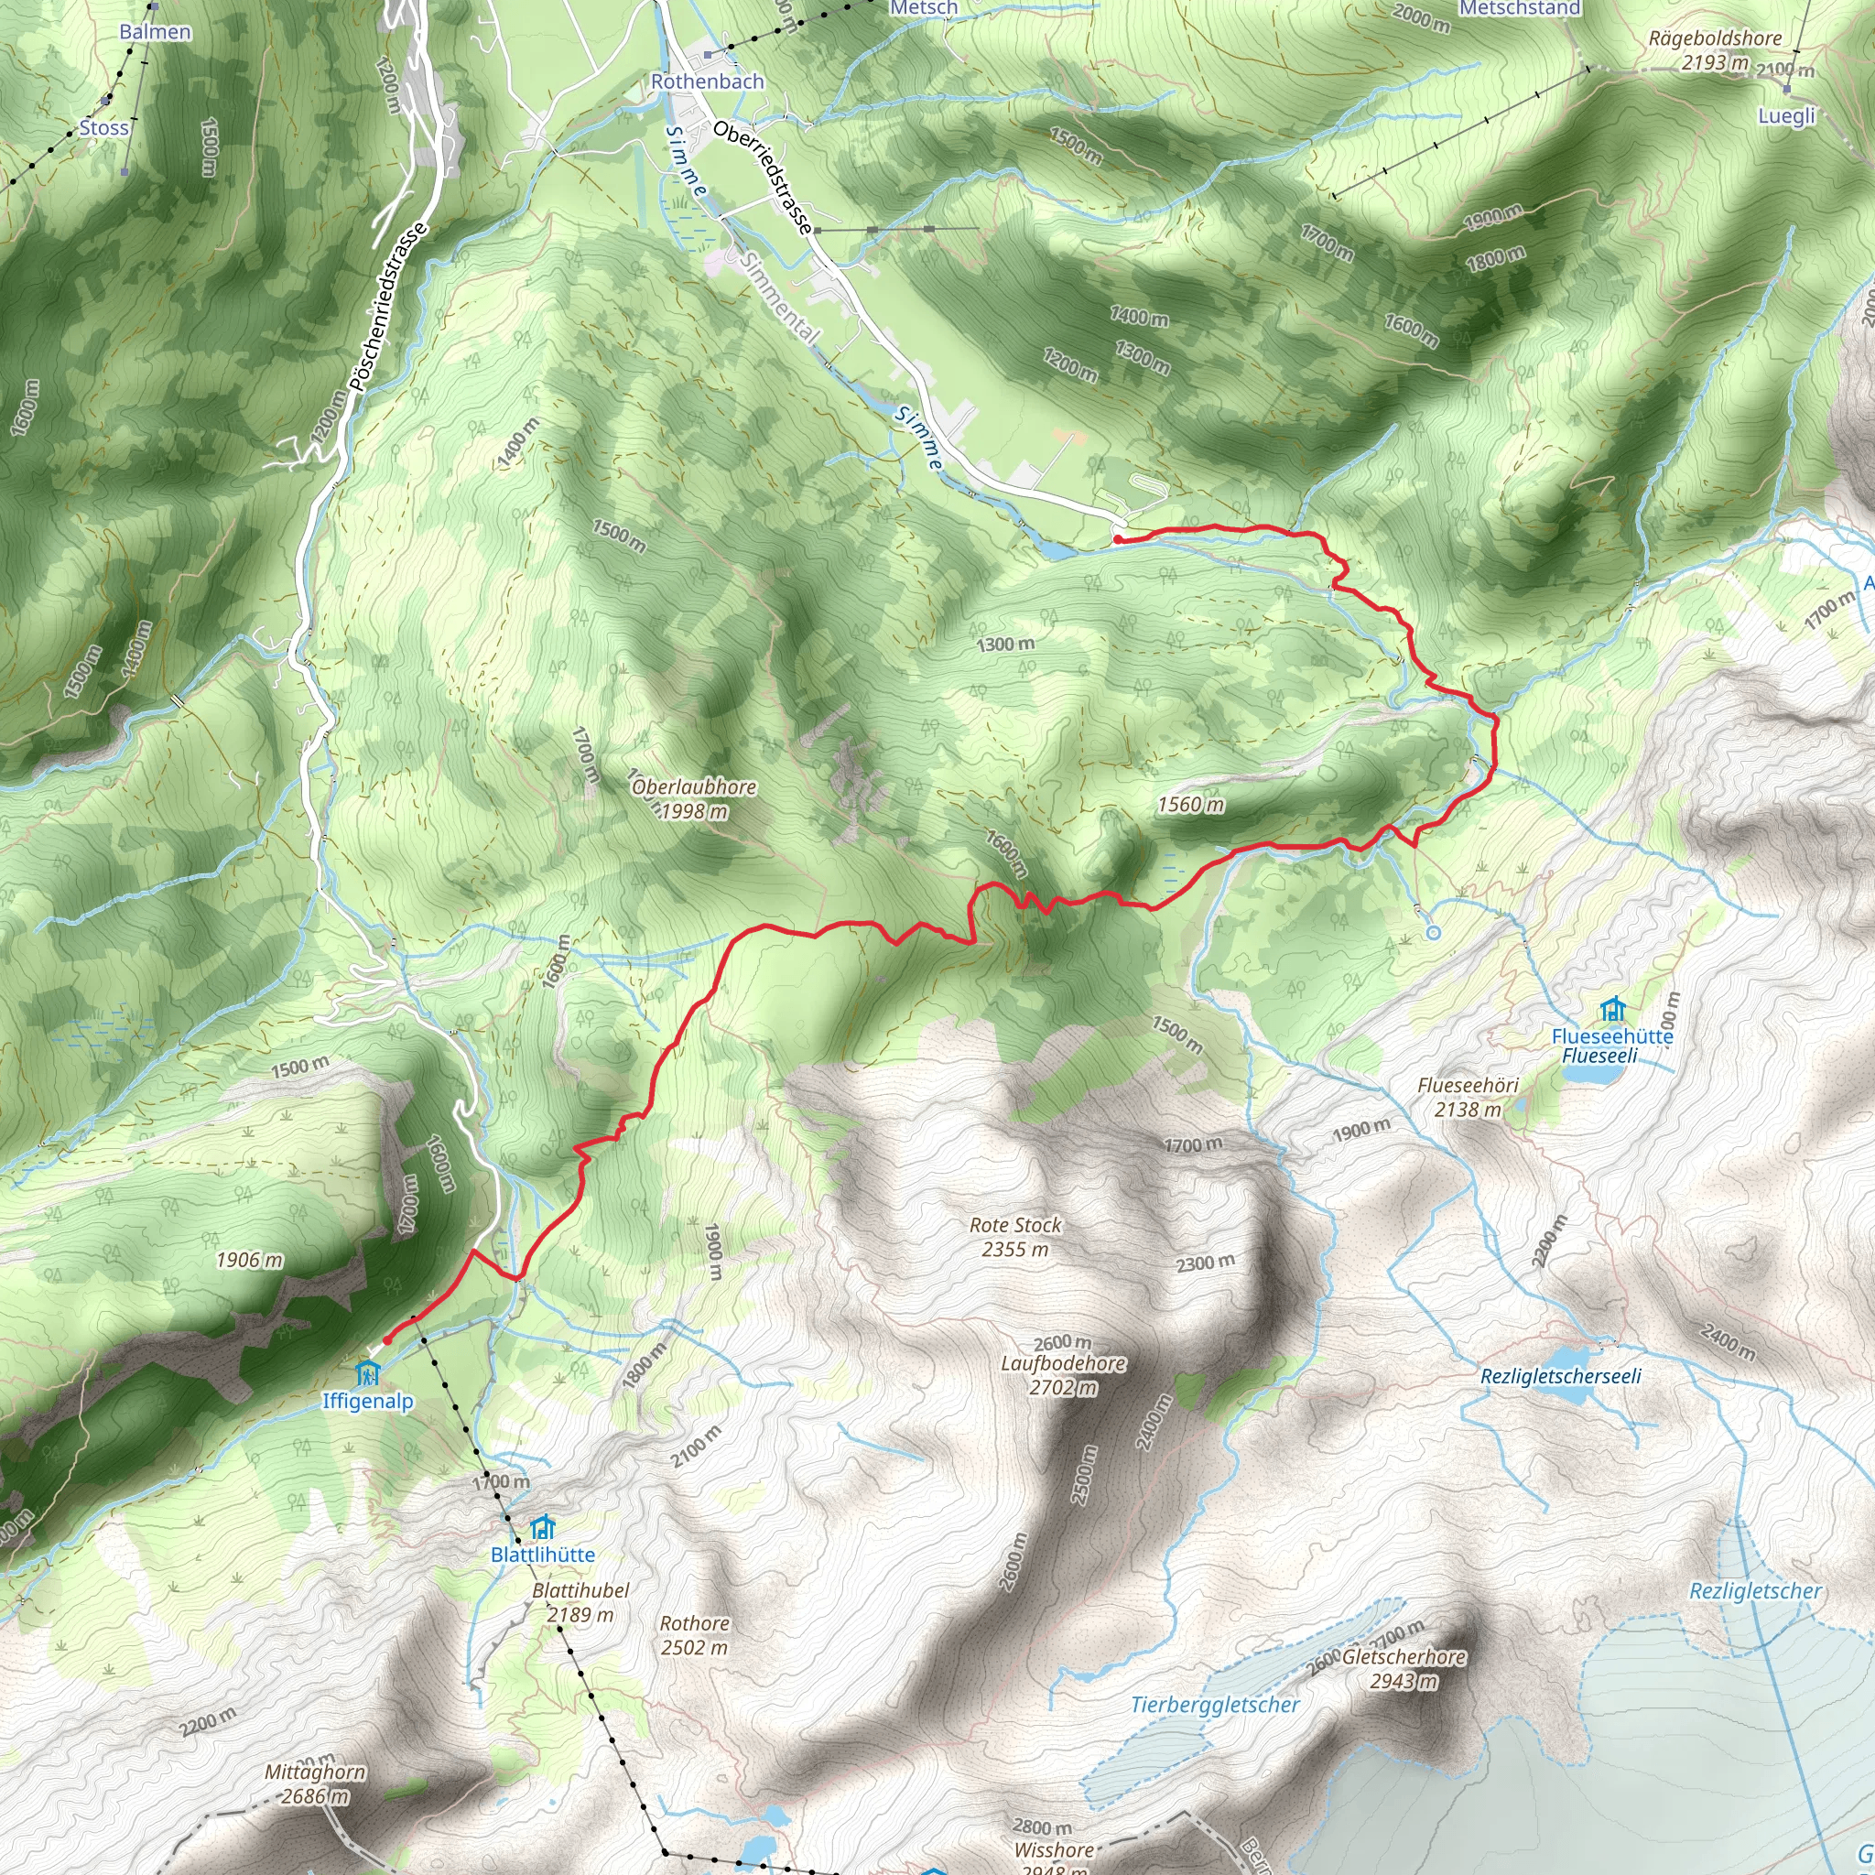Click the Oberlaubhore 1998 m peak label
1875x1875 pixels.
coord(694,798)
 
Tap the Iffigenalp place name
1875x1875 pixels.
coord(368,1402)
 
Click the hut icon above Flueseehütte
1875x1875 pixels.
coord(1613,1009)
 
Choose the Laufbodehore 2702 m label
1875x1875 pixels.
coord(1064,1375)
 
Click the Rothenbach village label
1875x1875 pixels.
coord(708,81)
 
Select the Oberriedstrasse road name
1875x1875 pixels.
coord(762,178)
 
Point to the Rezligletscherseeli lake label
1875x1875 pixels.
coord(1561,1376)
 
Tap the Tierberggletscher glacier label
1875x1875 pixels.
coord(1215,1705)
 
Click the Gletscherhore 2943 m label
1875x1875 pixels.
coord(1404,1668)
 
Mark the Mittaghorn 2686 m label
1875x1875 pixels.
coord(316,1783)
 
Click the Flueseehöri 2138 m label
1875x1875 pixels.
coord(1468,1097)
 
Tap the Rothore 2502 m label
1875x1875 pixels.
coord(694,1635)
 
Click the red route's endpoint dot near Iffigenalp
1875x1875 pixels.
coord(386,1340)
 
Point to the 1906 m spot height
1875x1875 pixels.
coord(249,1260)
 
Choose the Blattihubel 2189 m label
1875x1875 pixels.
coord(580,1602)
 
